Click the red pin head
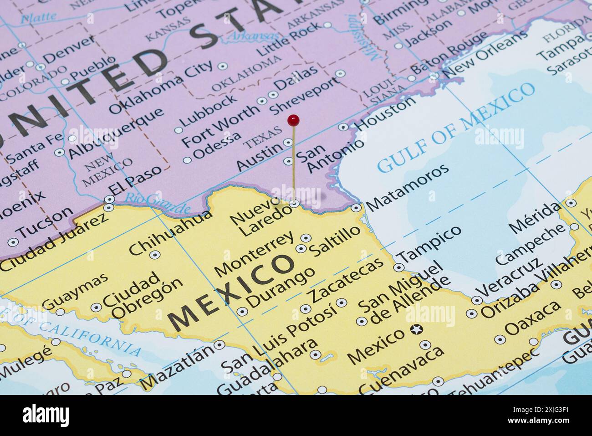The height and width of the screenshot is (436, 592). coord(294,120)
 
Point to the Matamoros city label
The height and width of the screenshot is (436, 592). coord(408,187)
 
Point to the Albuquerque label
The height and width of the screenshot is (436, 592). coord(116,132)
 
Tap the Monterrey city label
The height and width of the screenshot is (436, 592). coord(254,254)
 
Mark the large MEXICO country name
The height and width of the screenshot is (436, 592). coord(232,292)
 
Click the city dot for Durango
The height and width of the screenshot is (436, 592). coord(242,312)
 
